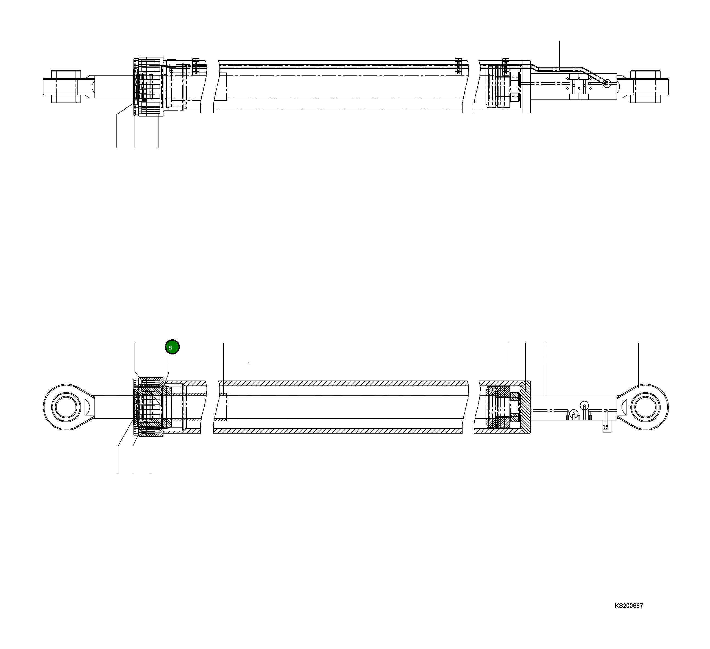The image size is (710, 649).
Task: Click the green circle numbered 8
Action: tap(172, 347)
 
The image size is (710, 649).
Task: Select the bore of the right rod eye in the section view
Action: tap(646, 407)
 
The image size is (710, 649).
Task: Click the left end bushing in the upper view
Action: tap(66, 87)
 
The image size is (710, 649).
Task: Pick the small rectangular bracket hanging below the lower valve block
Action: tap(607, 427)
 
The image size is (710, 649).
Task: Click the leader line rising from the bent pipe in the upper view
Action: tap(559, 53)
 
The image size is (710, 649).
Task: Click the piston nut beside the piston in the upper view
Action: tap(515, 87)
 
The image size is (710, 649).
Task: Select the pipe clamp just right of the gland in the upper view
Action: tap(196, 66)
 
